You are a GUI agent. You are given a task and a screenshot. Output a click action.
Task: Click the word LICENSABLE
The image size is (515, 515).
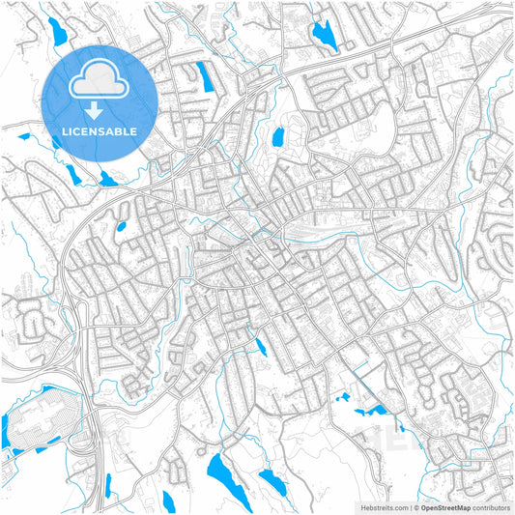(100, 130)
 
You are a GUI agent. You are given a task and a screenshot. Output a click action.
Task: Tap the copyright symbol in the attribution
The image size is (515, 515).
(414, 506)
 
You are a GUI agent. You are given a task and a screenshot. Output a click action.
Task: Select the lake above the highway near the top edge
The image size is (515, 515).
(321, 35)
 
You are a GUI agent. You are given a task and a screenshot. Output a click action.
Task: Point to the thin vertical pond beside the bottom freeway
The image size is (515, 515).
(108, 484)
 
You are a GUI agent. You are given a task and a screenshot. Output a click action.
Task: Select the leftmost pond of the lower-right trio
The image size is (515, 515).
(342, 396)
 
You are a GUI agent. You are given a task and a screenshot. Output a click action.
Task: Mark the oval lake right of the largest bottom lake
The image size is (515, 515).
(272, 481)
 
